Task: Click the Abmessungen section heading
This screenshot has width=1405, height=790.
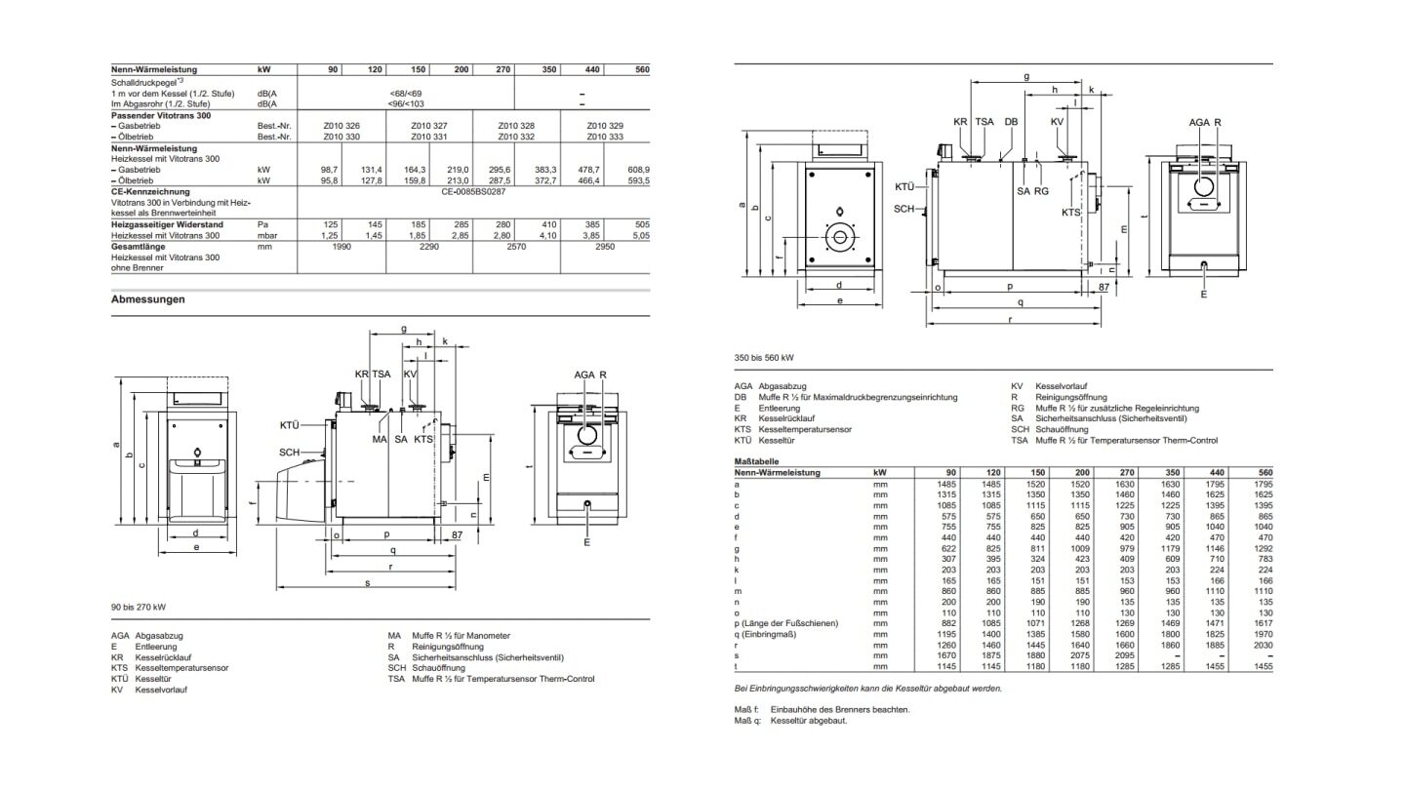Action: pyautogui.click(x=147, y=299)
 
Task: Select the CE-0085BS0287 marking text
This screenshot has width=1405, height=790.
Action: pyautogui.click(x=473, y=192)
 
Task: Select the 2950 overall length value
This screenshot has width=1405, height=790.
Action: pyautogui.click(x=604, y=247)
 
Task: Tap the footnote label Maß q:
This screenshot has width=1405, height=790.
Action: pyautogui.click(x=746, y=721)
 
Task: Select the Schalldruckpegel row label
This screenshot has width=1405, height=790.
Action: pyautogui.click(x=141, y=83)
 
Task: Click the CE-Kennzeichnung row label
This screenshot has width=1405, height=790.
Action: pyautogui.click(x=150, y=192)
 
